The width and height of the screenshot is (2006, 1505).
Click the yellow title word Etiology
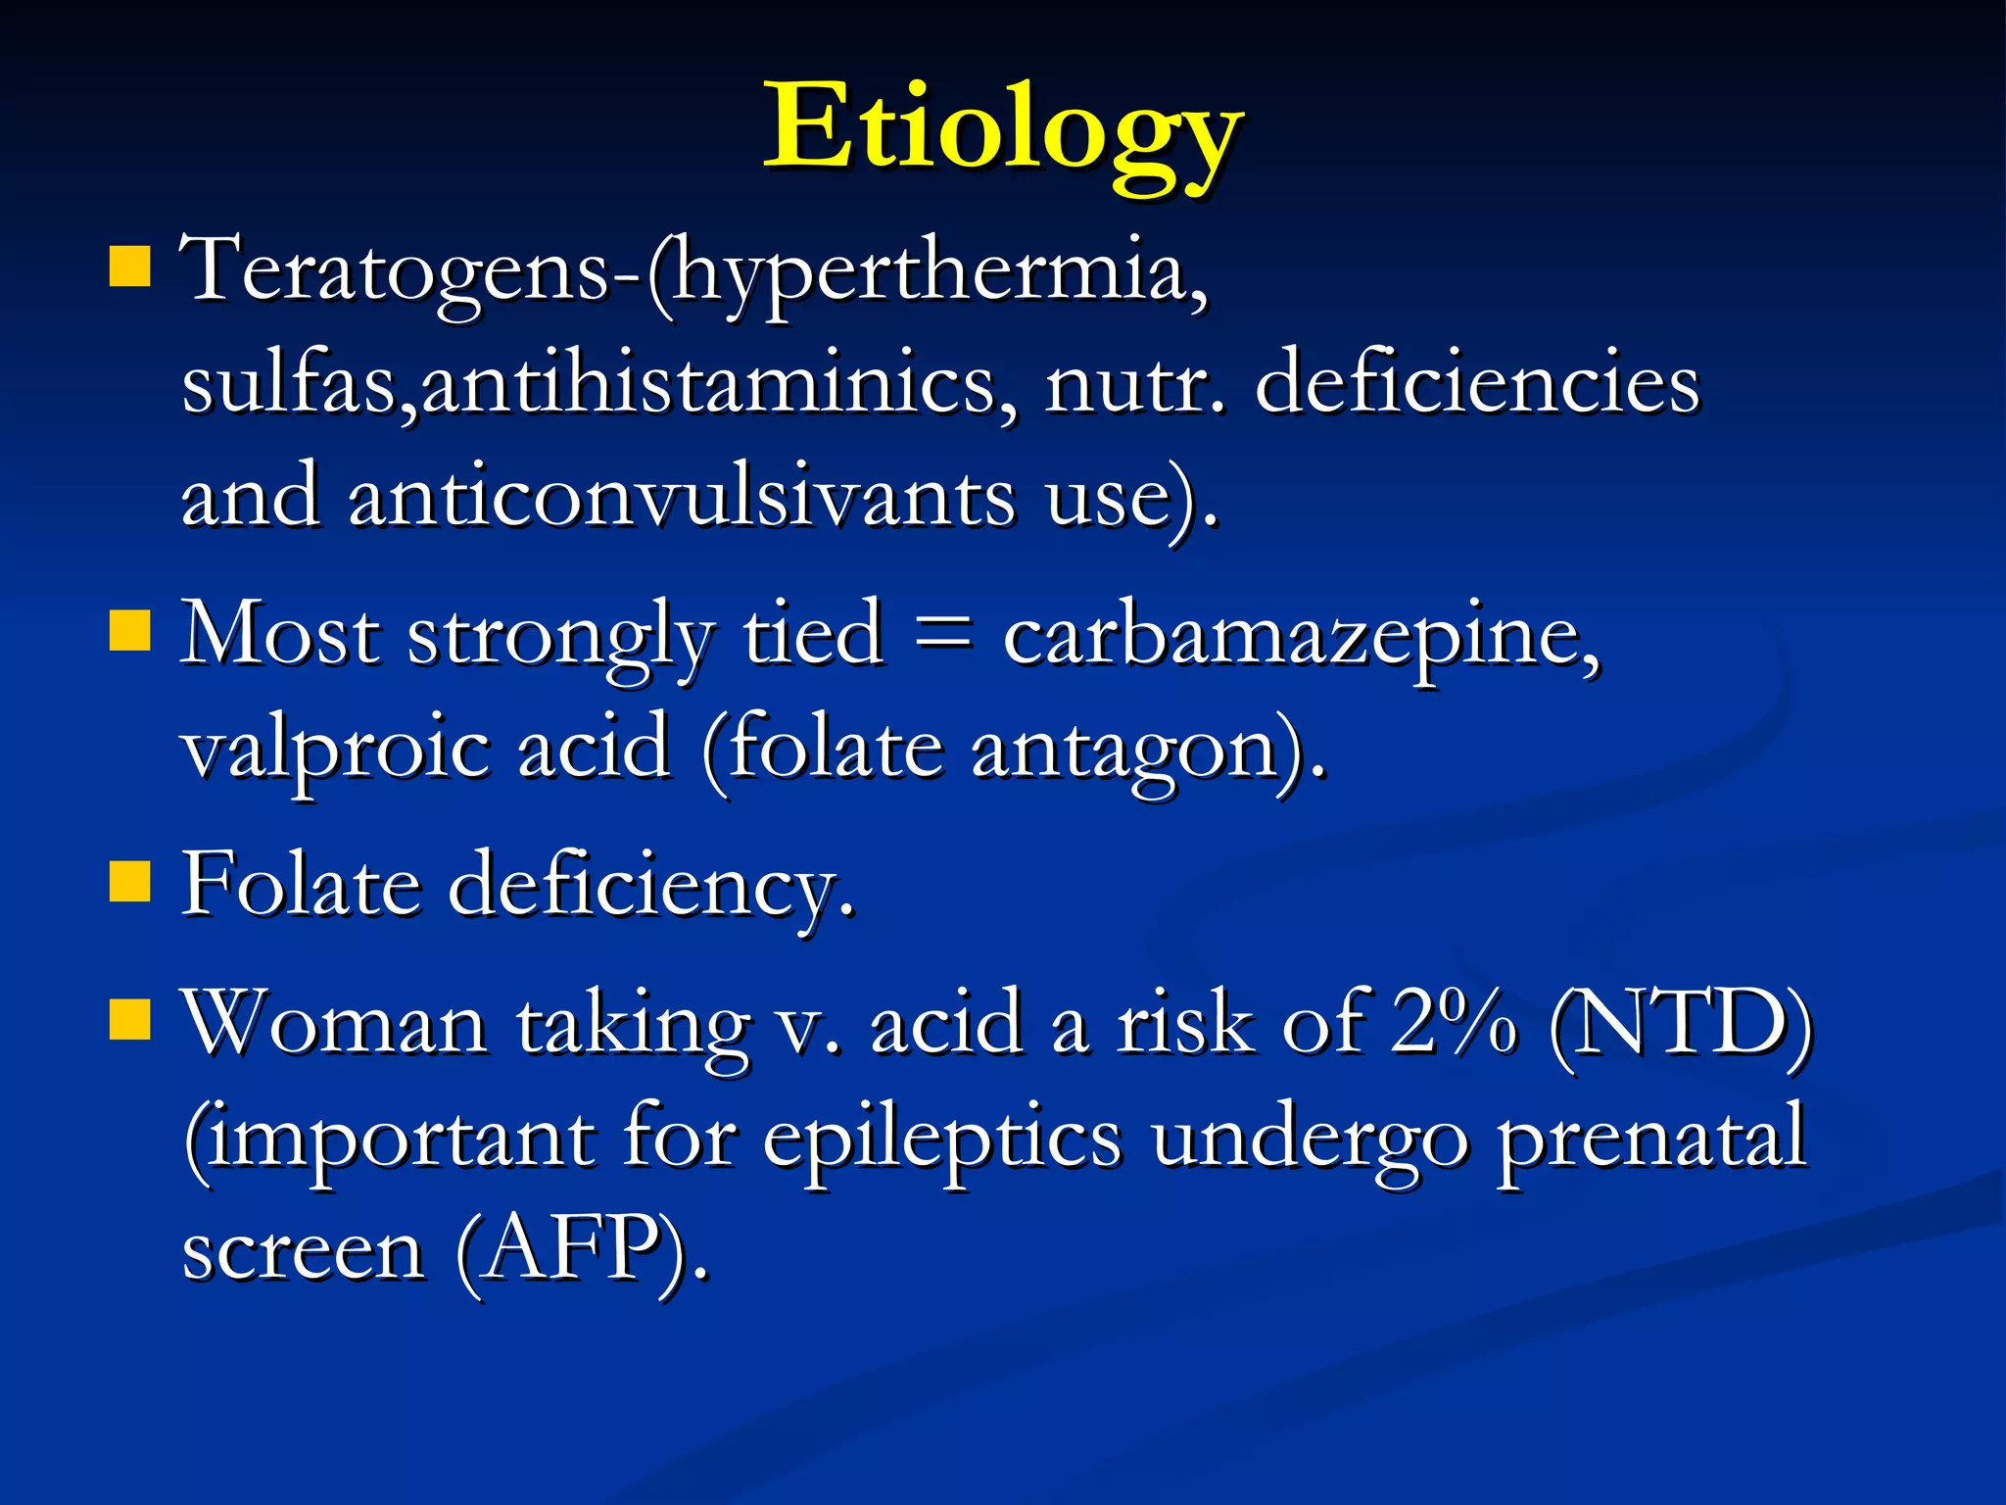(1003, 132)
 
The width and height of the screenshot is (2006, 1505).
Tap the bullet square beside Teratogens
(129, 267)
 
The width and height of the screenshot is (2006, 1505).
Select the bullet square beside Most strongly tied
(129, 631)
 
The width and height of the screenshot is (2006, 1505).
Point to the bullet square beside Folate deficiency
(129, 881)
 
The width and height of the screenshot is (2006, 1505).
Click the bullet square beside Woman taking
(129, 1019)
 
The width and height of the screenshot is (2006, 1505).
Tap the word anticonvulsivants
(682, 496)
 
